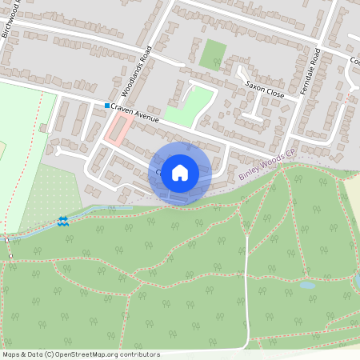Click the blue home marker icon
[x=180, y=173]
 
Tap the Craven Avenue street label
[x=137, y=114]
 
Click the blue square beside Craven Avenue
[x=106, y=106]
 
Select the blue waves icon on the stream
[x=63, y=220]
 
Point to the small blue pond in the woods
[x=306, y=285]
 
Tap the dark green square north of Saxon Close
[x=213, y=54]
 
